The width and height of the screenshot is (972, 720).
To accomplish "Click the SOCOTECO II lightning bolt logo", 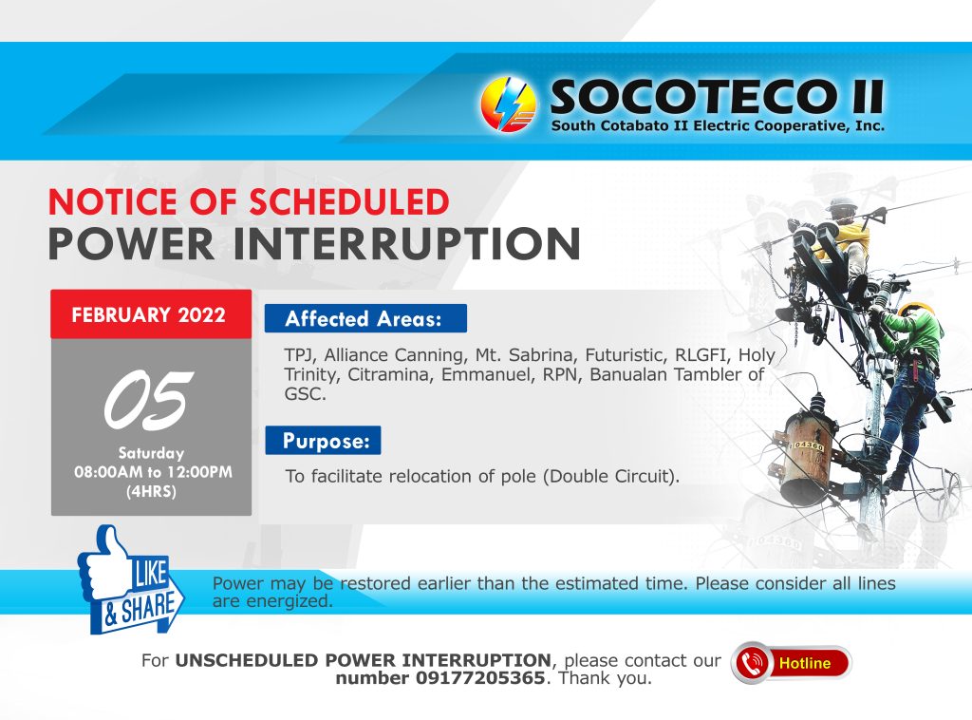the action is tap(509, 104).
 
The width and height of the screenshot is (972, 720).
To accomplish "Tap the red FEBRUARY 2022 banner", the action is tap(151, 314).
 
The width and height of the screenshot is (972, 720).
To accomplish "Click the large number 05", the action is tap(149, 400).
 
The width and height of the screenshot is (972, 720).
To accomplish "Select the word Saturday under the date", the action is tap(151, 453).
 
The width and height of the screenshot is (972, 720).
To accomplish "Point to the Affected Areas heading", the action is tap(365, 319).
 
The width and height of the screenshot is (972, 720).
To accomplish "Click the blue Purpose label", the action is tap(323, 441).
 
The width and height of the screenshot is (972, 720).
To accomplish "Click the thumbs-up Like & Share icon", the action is tap(130, 580).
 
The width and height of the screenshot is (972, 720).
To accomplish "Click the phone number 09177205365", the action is tap(479, 678).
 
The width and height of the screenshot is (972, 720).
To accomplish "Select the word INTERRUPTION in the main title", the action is tap(406, 244).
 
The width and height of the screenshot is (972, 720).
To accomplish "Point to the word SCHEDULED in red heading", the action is tap(349, 202).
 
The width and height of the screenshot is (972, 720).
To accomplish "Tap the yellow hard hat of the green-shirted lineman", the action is tap(917, 308).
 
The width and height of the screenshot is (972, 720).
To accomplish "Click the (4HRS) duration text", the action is tap(151, 492).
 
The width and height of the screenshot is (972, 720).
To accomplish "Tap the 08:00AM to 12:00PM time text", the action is tap(153, 472).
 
